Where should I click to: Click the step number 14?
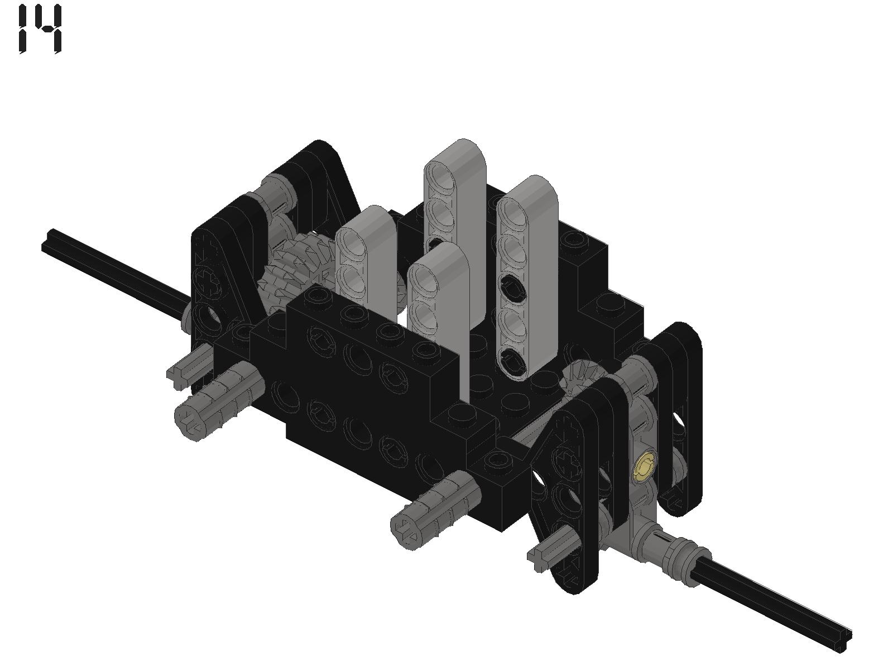pyautogui.click(x=40, y=28)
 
